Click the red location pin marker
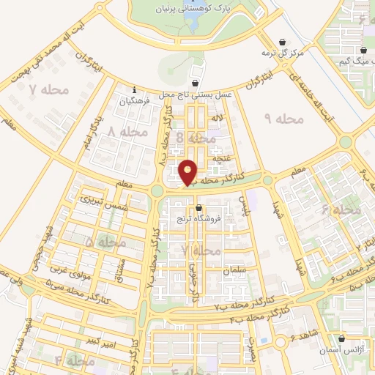(188, 173)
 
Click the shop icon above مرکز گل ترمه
(283, 42)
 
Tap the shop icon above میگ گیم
(363, 50)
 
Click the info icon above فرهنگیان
(133, 89)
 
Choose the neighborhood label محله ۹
(279, 117)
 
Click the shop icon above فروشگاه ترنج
(198, 208)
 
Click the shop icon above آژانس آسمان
(341, 338)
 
